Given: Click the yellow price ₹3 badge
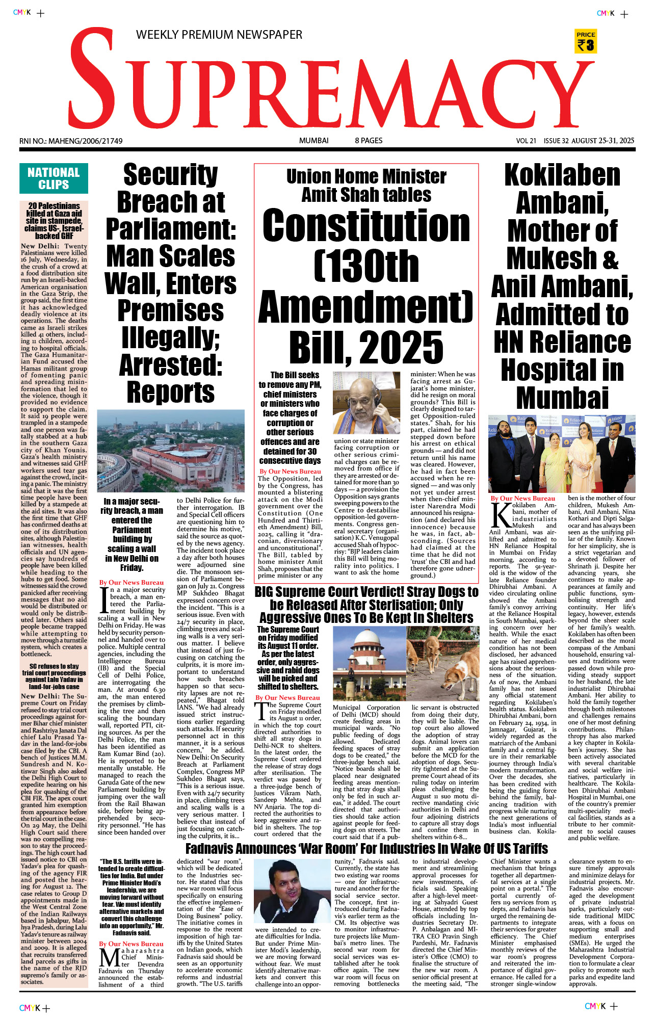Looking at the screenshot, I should pos(586,41).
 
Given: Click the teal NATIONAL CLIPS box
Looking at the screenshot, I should pos(54,178).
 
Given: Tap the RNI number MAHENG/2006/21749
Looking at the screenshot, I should pos(71,141).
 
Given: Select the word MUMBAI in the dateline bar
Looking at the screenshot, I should pos(313,141).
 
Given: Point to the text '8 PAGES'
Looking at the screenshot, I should pos(369,141).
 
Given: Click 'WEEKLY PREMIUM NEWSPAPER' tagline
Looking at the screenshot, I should pos(219,35).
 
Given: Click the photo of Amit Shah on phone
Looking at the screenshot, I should pos(366,403).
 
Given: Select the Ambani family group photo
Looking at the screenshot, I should pos(562,453).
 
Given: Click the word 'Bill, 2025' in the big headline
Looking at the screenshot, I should pos(366,347).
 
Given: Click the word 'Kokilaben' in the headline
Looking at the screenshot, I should pos(562,176).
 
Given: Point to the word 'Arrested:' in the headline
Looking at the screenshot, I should pos(171,365).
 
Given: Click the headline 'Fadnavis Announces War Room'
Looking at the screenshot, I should pos(366,849).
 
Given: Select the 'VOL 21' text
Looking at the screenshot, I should pos(526,141).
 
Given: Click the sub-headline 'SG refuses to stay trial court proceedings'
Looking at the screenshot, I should pos(54,676).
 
